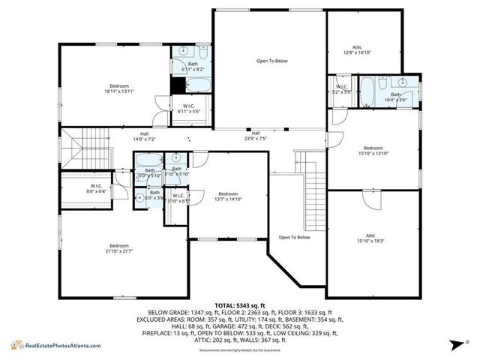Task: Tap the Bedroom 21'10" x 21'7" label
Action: tap(119, 249)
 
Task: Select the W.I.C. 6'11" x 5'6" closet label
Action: tap(189, 109)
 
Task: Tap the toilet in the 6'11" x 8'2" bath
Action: tap(203, 52)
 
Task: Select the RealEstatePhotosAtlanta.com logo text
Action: tap(65, 346)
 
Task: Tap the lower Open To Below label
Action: tap(294, 237)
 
